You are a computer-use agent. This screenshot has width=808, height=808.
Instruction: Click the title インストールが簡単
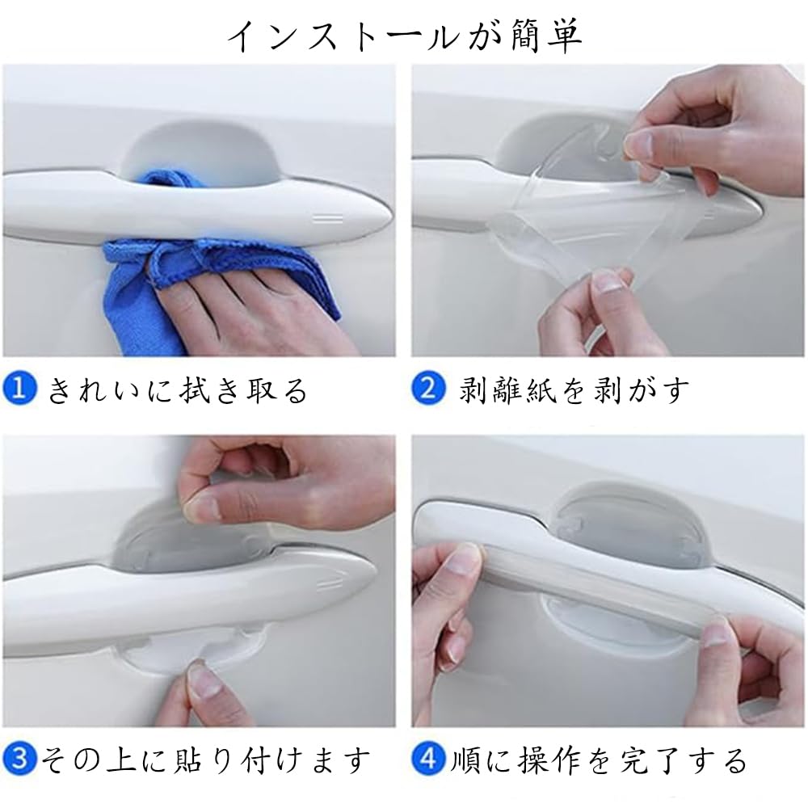pyautogui.click(x=404, y=36)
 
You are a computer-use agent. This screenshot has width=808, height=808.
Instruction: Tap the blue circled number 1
pyautogui.click(x=21, y=390)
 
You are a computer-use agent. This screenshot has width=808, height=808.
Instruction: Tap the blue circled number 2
pyautogui.click(x=429, y=389)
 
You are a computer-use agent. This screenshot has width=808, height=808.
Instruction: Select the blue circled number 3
pyautogui.click(x=19, y=759)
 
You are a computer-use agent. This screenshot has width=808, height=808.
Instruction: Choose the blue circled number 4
pyautogui.click(x=428, y=759)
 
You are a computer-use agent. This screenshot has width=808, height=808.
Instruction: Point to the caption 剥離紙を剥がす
pyautogui.click(x=574, y=390)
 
